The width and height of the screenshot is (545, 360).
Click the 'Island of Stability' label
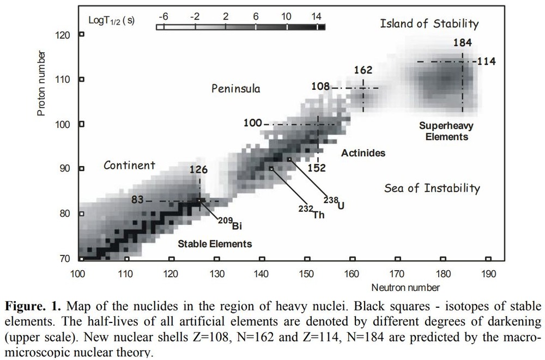pyautogui.click(x=429, y=23)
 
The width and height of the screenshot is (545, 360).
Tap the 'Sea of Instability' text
pyautogui.click(x=432, y=188)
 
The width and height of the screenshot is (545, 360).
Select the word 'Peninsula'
pyautogui.click(x=236, y=89)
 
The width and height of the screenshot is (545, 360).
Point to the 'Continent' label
pyautogui.click(x=129, y=165)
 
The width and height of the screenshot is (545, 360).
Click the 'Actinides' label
pyautogui.click(x=363, y=153)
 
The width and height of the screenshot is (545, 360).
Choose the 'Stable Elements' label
pyautogui.click(x=215, y=243)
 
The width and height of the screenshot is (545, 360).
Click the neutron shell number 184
pyautogui.click(x=462, y=43)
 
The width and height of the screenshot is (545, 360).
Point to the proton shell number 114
pyautogui.click(x=486, y=62)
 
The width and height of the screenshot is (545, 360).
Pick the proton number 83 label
pyautogui.click(x=137, y=200)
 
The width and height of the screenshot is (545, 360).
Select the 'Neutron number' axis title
pyautogui.click(x=405, y=287)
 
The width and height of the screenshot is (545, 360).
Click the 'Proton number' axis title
pyautogui.click(x=41, y=83)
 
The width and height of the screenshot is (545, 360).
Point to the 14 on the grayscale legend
pyautogui.click(x=317, y=17)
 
